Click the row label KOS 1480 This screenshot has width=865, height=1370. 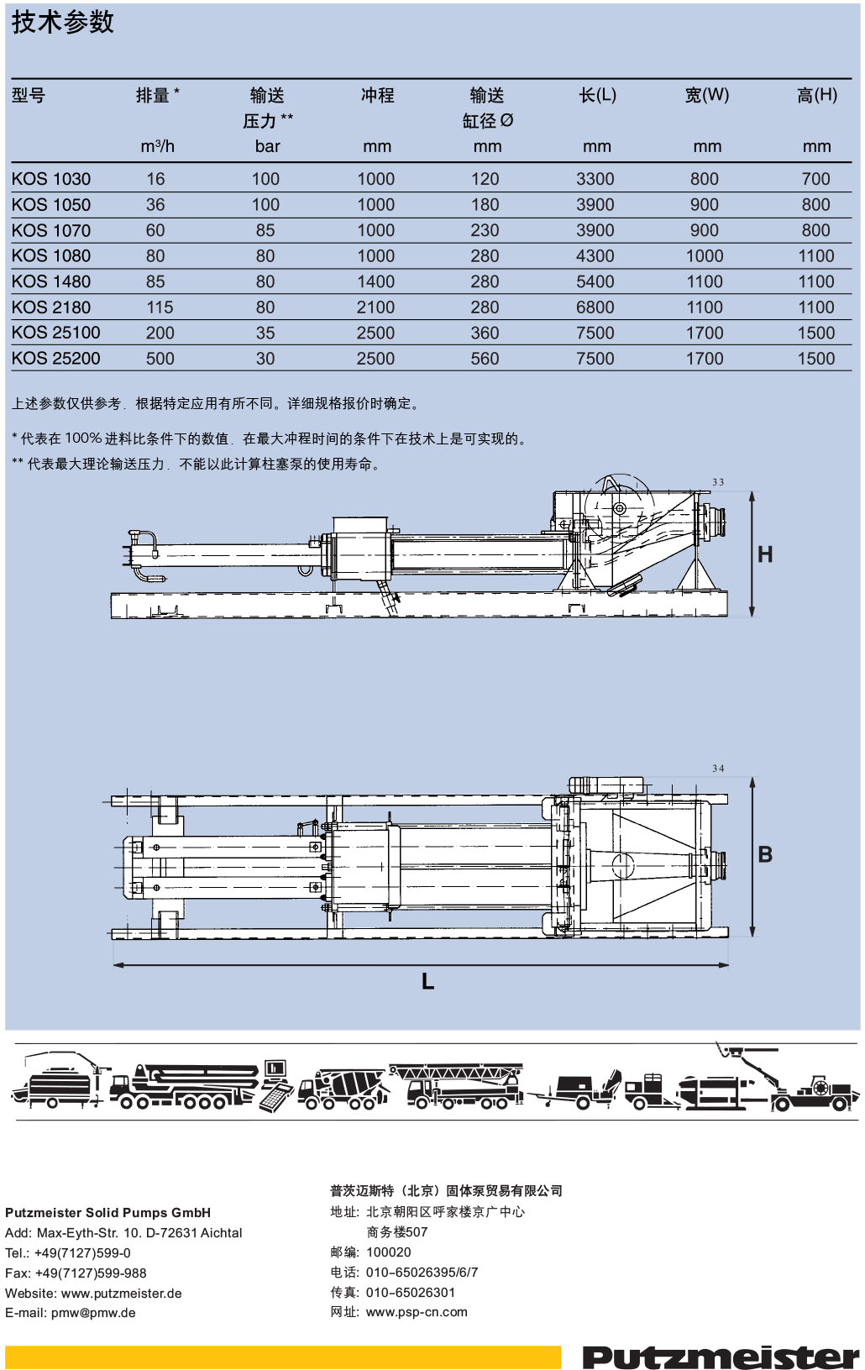pyautogui.click(x=51, y=281)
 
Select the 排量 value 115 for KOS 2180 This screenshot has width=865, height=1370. pyautogui.click(x=160, y=307)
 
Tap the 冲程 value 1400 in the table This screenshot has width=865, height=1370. pyautogui.click(x=375, y=281)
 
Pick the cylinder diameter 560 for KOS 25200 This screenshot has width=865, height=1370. pyautogui.click(x=485, y=359)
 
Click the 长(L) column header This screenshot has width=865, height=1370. pyautogui.click(x=597, y=95)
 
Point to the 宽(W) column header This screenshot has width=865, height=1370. pyautogui.click(x=706, y=95)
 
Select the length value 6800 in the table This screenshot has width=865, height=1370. pyautogui.click(x=595, y=307)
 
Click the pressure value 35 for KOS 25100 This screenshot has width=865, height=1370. pyautogui.click(x=265, y=333)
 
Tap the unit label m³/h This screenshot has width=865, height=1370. pyautogui.click(x=158, y=146)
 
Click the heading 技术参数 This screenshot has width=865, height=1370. pyautogui.click(x=63, y=23)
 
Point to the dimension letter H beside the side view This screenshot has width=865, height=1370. pyautogui.click(x=764, y=554)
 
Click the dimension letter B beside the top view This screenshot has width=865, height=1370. pyautogui.click(x=765, y=854)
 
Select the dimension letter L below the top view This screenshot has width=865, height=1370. pyautogui.click(x=427, y=981)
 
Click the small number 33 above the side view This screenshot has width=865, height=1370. pyautogui.click(x=718, y=482)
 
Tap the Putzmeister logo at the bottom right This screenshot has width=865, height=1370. pyautogui.click(x=721, y=1356)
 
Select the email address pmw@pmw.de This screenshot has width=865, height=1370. pyautogui.click(x=93, y=1313)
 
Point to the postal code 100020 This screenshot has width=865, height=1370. pyautogui.click(x=389, y=1252)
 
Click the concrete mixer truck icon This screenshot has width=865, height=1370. pyautogui.click(x=343, y=1089)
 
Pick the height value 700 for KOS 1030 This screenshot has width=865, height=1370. pyautogui.click(x=815, y=179)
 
